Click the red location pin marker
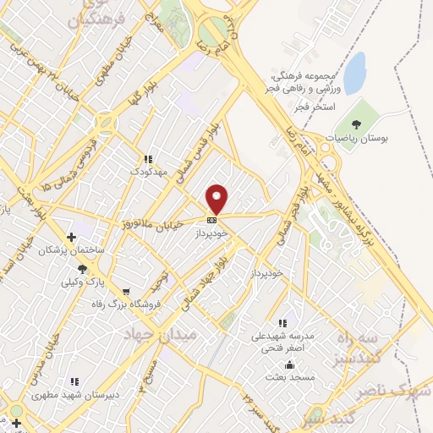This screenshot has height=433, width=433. click(217, 199)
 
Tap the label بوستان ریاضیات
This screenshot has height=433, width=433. click(359, 138)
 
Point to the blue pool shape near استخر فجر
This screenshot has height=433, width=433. click(354, 73)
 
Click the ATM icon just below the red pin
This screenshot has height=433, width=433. click(211, 220)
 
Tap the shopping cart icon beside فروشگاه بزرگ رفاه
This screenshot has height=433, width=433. click(126, 292)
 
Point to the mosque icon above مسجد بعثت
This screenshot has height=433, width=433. click(292, 365)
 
